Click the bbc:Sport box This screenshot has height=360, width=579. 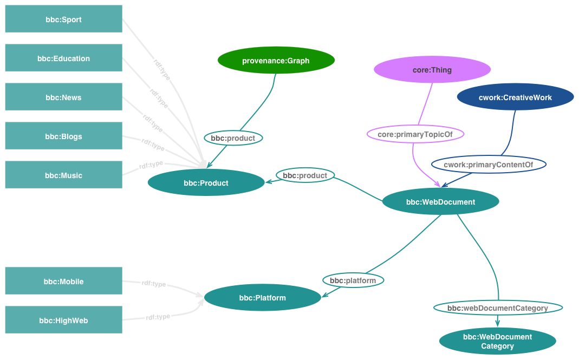(63, 19)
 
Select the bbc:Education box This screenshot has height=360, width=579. (63, 58)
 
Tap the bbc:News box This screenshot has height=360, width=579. (63, 97)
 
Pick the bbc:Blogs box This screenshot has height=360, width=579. (63, 136)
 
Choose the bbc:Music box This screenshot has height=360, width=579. (63, 175)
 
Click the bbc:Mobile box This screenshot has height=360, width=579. (63, 281)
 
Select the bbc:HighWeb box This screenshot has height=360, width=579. (63, 320)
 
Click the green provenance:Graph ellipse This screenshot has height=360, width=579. (276, 60)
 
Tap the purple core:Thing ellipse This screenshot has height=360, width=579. (432, 69)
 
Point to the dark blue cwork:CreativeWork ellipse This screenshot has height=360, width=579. (515, 97)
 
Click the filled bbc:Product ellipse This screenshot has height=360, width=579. (206, 182)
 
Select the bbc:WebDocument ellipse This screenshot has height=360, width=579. (440, 201)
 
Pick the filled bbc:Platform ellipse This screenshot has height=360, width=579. (262, 297)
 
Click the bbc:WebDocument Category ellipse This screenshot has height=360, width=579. (497, 341)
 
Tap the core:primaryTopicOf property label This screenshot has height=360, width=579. (415, 134)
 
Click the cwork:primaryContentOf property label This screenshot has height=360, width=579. (489, 165)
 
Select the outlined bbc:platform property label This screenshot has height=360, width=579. (353, 280)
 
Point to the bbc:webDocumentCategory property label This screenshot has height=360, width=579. (498, 307)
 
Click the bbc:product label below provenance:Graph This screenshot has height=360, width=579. (233, 138)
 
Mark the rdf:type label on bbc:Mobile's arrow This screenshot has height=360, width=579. (154, 284)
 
